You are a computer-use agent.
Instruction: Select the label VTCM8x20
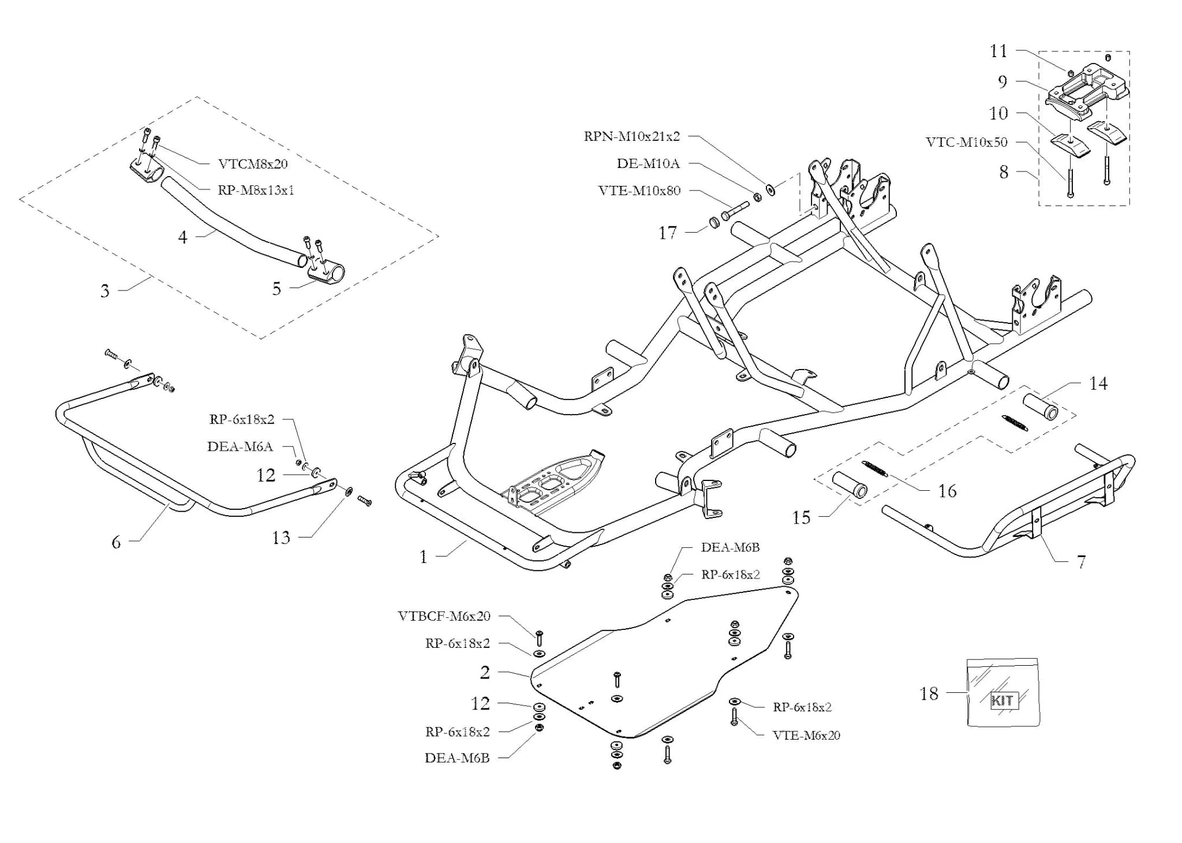253,164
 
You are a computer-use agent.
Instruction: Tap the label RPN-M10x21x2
632,137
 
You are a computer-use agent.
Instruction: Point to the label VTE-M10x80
639,191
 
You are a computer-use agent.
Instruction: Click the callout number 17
667,233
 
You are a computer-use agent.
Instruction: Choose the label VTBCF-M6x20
444,616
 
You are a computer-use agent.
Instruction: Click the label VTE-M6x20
806,735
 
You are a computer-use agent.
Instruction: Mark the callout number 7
1081,561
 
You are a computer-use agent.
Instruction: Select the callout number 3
104,290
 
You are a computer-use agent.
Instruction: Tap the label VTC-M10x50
967,142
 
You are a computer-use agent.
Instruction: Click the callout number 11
998,51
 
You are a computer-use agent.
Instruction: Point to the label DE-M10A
648,163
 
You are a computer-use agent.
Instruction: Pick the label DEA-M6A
240,446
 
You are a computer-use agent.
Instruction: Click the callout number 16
947,491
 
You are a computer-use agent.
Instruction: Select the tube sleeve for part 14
1041,406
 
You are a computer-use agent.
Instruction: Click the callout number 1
424,557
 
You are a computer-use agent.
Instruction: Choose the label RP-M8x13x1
256,190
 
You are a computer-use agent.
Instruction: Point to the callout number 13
281,538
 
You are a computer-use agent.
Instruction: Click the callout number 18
929,693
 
